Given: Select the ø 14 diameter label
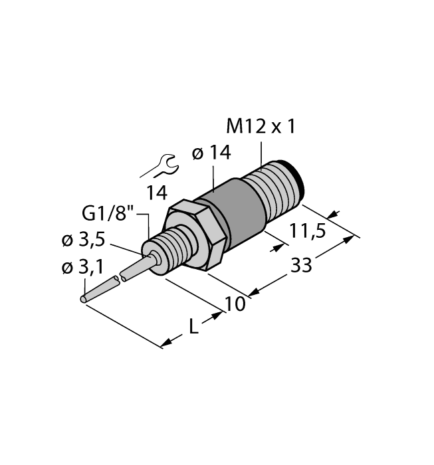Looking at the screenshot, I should [211, 153].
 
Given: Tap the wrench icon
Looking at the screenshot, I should [160, 167].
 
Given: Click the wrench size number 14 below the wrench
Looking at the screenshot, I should [157, 193].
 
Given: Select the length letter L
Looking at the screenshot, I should [192, 327].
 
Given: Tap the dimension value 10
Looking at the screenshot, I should [235, 304].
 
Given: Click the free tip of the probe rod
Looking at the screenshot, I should [84, 300].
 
